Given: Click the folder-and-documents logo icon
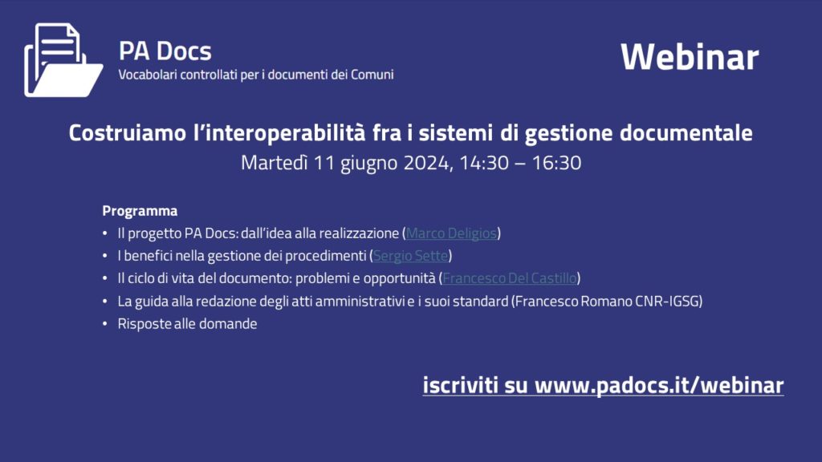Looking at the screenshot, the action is pos(63,60).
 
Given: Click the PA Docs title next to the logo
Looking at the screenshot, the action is pos(165,51).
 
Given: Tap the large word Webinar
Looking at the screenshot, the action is pos(690,57).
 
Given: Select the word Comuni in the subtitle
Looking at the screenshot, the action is pos(372,75).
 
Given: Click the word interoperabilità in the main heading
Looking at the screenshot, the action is pos(279,133).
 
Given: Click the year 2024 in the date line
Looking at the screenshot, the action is pos(427,163).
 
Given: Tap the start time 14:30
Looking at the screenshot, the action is pos(484,163).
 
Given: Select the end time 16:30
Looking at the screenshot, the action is pos(557,163).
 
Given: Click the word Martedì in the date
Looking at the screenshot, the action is pos(275,163).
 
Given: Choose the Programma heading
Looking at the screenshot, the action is pos(140,211).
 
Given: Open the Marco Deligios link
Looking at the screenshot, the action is pos(451,233).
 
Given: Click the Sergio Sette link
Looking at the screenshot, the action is pos(410,256).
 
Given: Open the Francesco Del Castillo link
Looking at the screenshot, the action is pos(510,278).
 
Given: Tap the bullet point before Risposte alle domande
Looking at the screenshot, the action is pos(105,324).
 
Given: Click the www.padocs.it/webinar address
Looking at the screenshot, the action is pos(659,386).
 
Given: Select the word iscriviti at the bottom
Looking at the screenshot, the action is pos(460,386).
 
